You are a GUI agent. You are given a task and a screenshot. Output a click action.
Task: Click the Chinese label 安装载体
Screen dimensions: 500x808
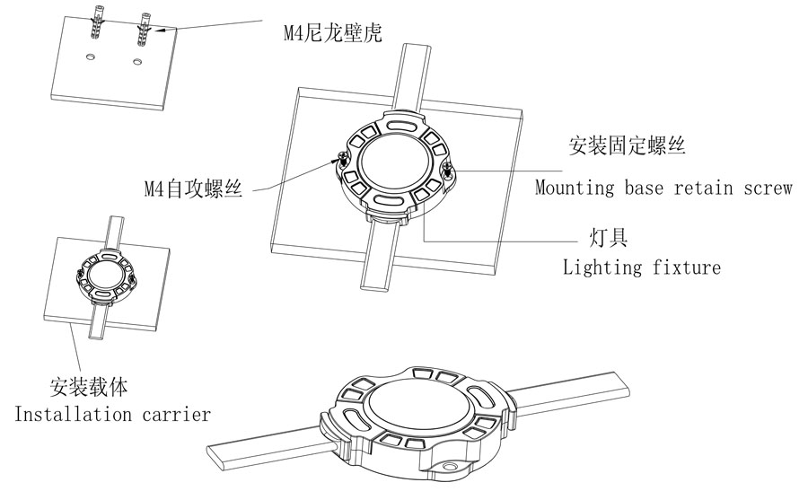click(x=88, y=389)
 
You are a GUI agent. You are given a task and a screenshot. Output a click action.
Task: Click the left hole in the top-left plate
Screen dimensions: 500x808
click(x=91, y=56)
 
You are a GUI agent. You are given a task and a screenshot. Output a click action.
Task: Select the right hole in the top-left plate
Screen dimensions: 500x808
click(x=136, y=61)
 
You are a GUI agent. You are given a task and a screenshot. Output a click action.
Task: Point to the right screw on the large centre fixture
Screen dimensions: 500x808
click(x=447, y=171)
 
